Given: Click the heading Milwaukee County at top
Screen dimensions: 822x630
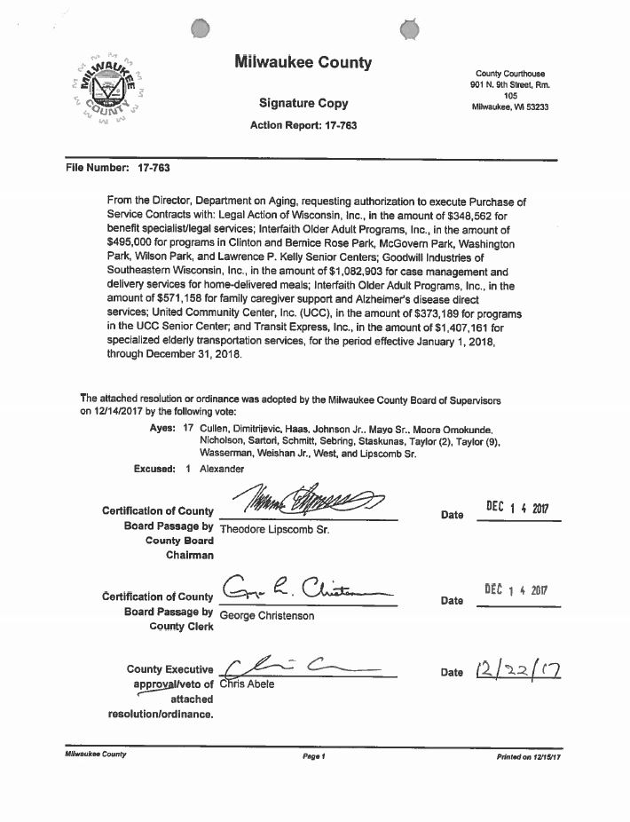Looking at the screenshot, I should (303, 62).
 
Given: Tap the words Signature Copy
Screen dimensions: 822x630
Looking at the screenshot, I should (303, 103).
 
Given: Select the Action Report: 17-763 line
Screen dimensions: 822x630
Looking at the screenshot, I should (303, 126).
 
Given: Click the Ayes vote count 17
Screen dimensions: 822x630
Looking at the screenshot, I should (187, 428).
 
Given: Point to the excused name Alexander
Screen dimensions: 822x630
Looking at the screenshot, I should (222, 469).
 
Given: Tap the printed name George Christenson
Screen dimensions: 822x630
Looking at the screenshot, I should (266, 615).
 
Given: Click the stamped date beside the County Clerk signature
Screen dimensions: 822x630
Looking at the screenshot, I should (518, 590).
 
